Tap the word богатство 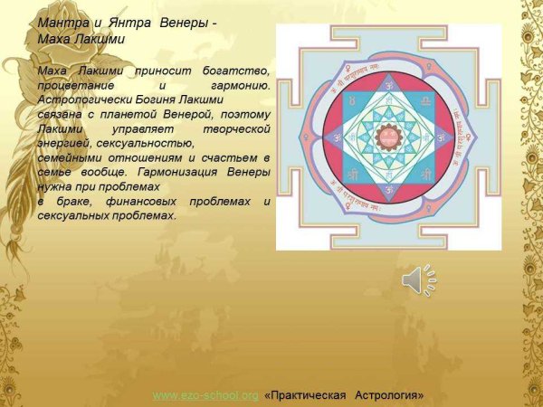click(x=237, y=70)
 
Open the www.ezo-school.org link click(x=205, y=396)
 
